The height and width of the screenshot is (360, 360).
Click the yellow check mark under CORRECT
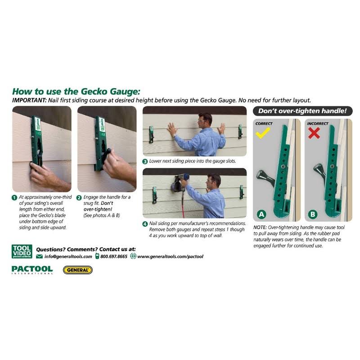(x=262, y=132)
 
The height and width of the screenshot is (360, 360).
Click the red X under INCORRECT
(x=315, y=132)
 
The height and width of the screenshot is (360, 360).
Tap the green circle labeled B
(x=314, y=214)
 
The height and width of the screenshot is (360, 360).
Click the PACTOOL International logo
(x=32, y=270)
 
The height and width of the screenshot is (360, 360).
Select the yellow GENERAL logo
(x=77, y=270)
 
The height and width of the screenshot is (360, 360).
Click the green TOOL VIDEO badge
(x=22, y=251)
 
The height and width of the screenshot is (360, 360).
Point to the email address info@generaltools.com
(x=68, y=256)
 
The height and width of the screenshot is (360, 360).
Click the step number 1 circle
(x=14, y=197)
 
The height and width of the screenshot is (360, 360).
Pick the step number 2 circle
(x=79, y=197)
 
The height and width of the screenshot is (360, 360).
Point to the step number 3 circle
(x=145, y=161)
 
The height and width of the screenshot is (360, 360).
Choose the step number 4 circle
(x=145, y=224)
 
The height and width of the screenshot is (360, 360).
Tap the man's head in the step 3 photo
(x=205, y=119)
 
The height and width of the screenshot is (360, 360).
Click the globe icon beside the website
(x=133, y=256)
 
